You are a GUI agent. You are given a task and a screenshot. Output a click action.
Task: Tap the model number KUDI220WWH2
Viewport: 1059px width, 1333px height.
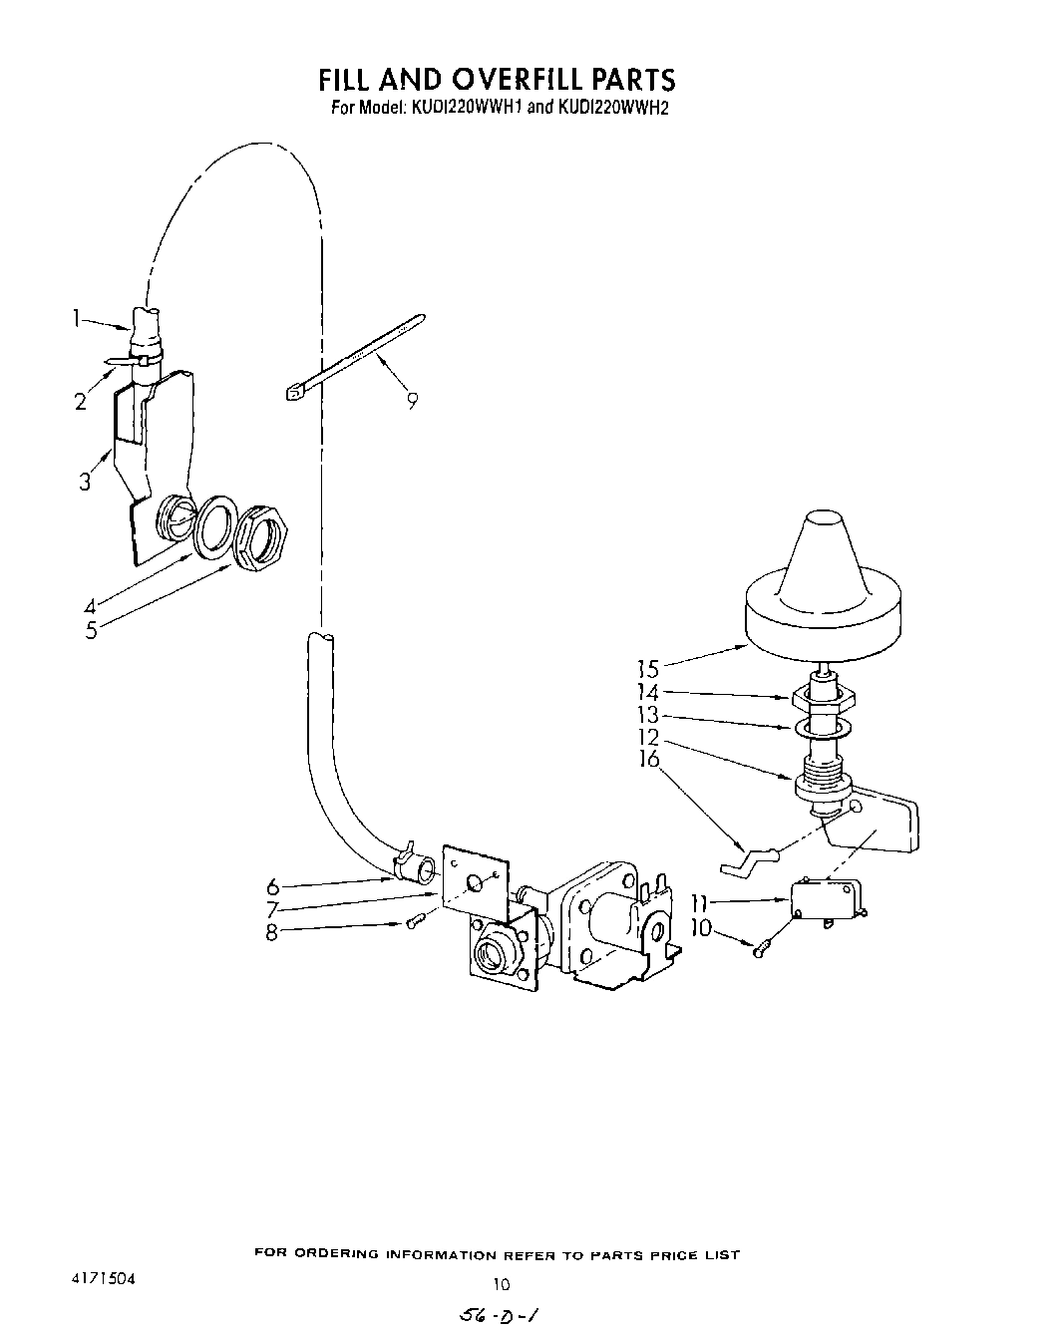pyautogui.click(x=611, y=109)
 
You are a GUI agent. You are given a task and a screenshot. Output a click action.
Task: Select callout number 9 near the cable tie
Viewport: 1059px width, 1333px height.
pyautogui.click(x=412, y=401)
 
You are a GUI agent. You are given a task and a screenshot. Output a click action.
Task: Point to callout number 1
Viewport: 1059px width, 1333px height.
pyautogui.click(x=76, y=319)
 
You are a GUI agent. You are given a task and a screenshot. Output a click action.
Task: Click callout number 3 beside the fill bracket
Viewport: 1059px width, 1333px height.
pyautogui.click(x=85, y=482)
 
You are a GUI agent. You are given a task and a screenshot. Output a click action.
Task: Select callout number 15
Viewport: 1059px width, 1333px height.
pyautogui.click(x=648, y=669)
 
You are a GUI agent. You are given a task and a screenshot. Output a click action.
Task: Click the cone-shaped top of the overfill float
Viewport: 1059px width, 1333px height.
pyautogui.click(x=824, y=558)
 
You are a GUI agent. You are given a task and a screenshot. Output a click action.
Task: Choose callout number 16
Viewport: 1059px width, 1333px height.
pyautogui.click(x=648, y=759)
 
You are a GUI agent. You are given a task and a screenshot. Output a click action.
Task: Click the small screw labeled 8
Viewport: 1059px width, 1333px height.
pyautogui.click(x=417, y=923)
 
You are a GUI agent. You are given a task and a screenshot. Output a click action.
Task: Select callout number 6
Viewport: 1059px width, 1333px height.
pyautogui.click(x=271, y=884)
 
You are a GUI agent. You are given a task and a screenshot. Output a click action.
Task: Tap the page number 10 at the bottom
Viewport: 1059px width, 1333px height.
pyautogui.click(x=502, y=1283)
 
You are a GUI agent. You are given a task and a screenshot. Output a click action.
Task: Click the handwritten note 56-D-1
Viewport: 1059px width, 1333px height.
pyautogui.click(x=498, y=1316)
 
